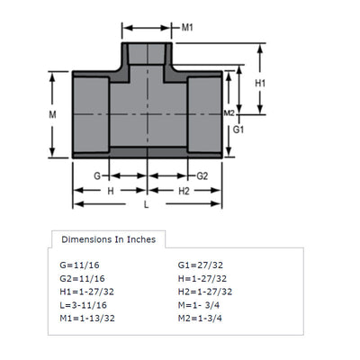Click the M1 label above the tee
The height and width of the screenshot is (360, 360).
click(x=187, y=28)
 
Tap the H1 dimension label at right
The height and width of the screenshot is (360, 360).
click(x=260, y=83)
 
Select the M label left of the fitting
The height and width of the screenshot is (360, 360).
click(x=52, y=114)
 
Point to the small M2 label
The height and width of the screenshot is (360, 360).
click(x=229, y=113)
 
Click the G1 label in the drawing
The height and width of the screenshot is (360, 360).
click(x=238, y=130)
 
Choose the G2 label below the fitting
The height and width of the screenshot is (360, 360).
click(x=202, y=175)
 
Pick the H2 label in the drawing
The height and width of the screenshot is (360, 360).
click(x=184, y=191)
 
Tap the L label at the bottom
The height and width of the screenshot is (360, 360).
click(x=146, y=205)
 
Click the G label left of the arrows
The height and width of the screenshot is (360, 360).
click(x=97, y=175)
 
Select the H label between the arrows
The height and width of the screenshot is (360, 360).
click(x=111, y=191)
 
